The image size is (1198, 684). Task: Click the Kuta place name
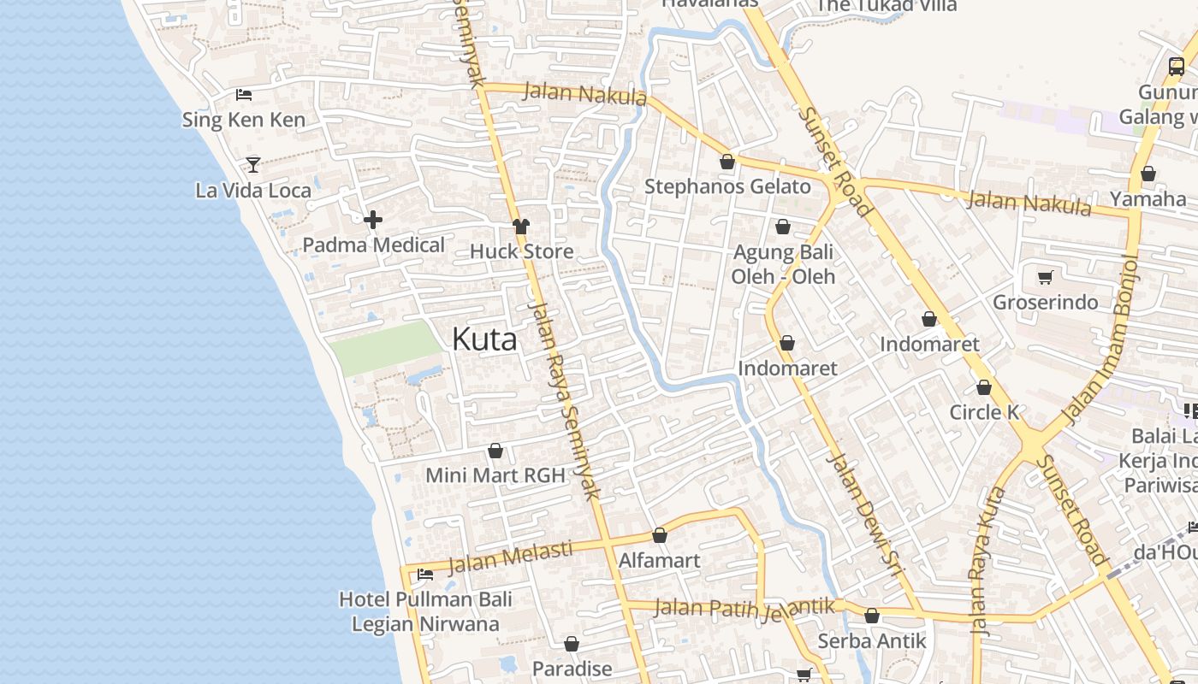[x=484, y=339]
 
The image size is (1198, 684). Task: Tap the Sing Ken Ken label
[x=244, y=120]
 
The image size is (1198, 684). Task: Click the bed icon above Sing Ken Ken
[x=244, y=95]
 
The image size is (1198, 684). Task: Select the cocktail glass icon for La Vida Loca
[x=253, y=164]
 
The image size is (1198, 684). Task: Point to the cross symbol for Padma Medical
[x=373, y=221]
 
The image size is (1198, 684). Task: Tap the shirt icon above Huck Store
[x=521, y=227]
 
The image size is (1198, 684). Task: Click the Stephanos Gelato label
[x=727, y=186]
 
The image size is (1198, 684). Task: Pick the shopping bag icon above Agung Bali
[x=782, y=227]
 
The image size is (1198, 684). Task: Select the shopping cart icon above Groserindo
[x=1045, y=277]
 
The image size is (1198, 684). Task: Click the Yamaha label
[x=1148, y=199]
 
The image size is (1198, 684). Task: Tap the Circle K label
[x=984, y=412]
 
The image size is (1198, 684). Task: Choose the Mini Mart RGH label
[x=495, y=475]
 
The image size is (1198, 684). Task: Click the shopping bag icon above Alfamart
[x=660, y=536]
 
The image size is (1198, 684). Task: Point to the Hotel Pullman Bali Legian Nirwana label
[x=425, y=611]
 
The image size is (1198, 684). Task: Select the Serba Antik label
[x=872, y=640]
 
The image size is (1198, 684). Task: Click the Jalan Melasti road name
[x=510, y=557]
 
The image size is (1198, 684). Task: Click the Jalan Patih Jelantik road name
[x=744, y=608]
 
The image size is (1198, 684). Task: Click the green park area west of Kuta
[x=385, y=348]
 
